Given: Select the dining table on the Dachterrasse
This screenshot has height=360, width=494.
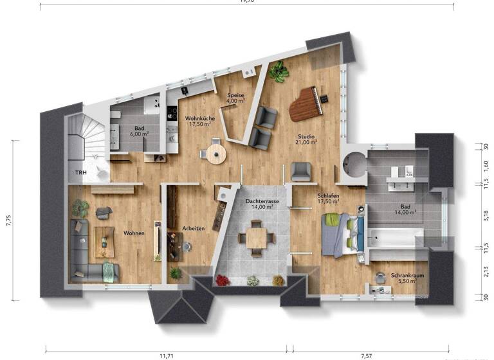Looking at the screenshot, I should coord(257,237).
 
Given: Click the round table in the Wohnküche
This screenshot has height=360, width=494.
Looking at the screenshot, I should coord(214,153).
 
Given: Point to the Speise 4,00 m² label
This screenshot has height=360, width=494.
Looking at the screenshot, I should coord(235,98).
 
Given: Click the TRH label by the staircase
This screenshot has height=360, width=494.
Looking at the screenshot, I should coord(81,174).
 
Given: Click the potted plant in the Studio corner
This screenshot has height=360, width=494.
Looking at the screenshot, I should coord(279,71).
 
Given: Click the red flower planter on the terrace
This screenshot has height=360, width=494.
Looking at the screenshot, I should coord(223,280).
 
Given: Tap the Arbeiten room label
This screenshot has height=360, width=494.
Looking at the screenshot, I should coord(194,228).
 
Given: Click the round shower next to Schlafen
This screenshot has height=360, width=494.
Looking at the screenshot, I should coord(353,165).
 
